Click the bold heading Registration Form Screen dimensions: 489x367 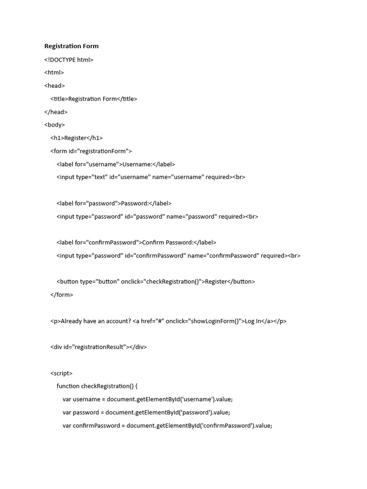pyautogui.click(x=71, y=46)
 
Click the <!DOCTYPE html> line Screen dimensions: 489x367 pyautogui.click(x=69, y=60)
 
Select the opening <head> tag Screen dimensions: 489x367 pyautogui.click(x=54, y=86)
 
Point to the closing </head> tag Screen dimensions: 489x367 pyautogui.click(x=56, y=112)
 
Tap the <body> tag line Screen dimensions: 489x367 pyautogui.click(x=54, y=125)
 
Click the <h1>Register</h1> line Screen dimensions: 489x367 pyautogui.click(x=76, y=138)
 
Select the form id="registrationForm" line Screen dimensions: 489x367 pyautogui.click(x=91, y=151)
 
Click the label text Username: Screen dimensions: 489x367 pyautogui.click(x=137, y=164)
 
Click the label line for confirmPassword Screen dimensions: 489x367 pyautogui.click(x=136, y=243)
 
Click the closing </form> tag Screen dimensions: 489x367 pyautogui.click(x=62, y=295)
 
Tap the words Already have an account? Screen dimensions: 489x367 pyautogui.click(x=96, y=321)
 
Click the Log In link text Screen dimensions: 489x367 pyautogui.click(x=253, y=321)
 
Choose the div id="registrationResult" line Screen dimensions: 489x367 pyautogui.click(x=98, y=347)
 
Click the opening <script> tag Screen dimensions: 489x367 pyautogui.click(x=61, y=373)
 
